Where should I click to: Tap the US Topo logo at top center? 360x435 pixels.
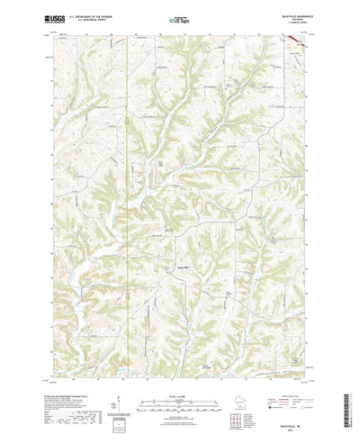(179, 19)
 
